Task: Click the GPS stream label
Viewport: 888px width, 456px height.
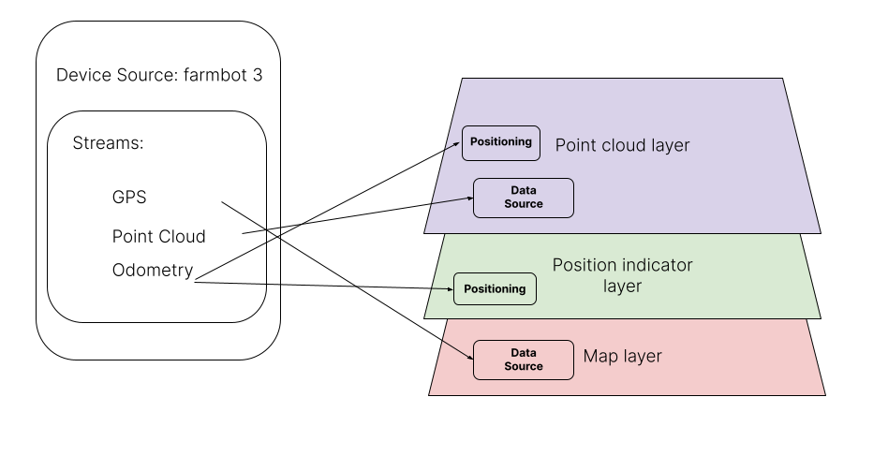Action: (129, 198)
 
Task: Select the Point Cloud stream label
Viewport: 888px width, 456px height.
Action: (159, 236)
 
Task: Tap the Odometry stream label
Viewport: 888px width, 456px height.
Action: (153, 271)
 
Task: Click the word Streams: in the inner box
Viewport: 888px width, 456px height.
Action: (108, 144)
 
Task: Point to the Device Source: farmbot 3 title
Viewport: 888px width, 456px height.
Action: (159, 75)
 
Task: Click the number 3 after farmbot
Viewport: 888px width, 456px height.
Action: (257, 75)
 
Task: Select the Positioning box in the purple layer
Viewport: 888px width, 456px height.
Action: (501, 142)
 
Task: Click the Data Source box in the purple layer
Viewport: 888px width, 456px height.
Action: (523, 198)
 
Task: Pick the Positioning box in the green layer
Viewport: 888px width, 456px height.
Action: (496, 288)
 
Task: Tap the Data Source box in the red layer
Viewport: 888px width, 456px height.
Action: (523, 360)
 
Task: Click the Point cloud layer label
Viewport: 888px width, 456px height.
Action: (622, 145)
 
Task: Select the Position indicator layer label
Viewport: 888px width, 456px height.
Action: (622, 275)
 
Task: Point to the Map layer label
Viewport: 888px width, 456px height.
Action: (622, 357)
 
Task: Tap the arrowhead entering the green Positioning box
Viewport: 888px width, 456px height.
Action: (449, 289)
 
